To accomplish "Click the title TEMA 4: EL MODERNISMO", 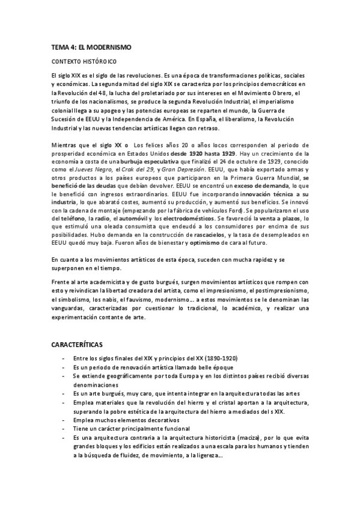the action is [91, 46].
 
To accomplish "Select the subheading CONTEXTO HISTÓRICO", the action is [84, 61].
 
